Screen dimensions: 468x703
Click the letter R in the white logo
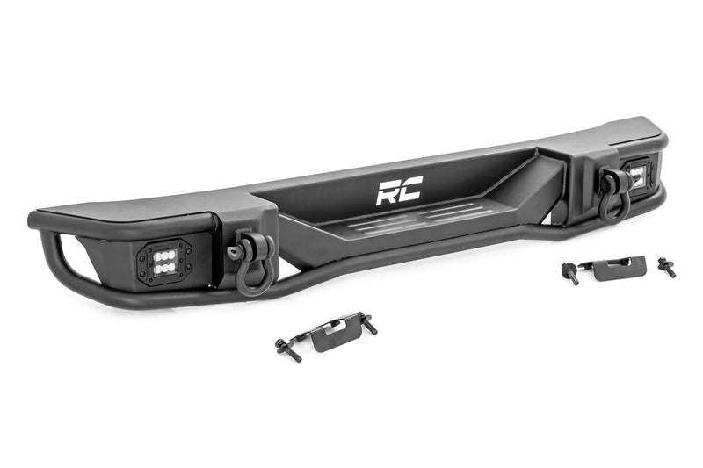tap(387, 191)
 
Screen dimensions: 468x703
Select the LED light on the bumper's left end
tap(161, 259)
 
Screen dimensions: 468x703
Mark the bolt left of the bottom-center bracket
tap(287, 349)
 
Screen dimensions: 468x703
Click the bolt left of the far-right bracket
tap(570, 273)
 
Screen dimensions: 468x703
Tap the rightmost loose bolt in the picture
tap(666, 267)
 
